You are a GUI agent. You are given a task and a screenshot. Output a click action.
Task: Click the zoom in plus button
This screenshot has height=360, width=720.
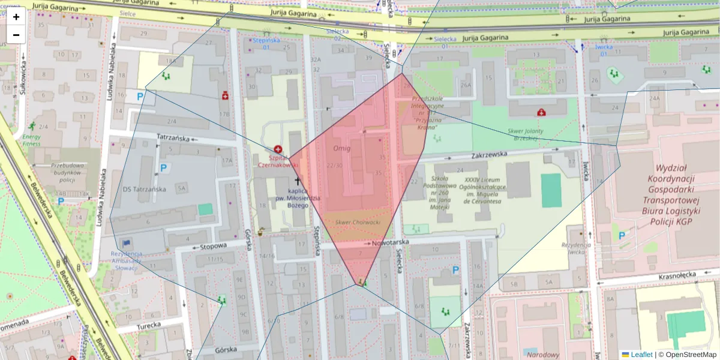(16, 17)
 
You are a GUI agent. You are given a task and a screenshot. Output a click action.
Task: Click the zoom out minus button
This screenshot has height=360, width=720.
(16, 35)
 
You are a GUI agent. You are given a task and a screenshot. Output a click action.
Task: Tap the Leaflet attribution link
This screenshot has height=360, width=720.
(641, 355)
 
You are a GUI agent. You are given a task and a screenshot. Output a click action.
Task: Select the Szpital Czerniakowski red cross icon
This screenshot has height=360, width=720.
(278, 149)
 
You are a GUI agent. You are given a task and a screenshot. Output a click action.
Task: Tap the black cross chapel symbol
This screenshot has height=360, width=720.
(297, 181)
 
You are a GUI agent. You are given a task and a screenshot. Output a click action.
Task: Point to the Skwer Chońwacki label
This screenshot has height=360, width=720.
(358, 222)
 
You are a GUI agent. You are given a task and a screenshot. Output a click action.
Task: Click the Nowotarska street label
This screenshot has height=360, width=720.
(390, 243)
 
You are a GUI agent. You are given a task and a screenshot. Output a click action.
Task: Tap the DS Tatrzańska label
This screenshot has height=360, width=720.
(144, 189)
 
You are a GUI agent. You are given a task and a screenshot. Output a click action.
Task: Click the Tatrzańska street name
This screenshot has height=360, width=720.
(173, 138)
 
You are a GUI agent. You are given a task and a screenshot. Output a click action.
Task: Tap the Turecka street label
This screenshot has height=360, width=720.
(148, 325)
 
